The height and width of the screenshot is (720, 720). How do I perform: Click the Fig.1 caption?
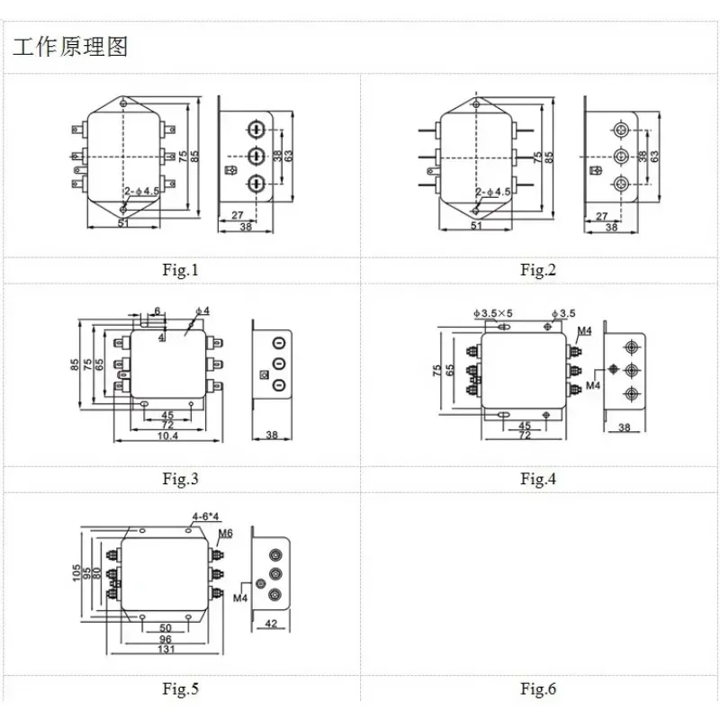pyautogui.click(x=180, y=270)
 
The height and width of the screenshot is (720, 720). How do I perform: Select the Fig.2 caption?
pyautogui.click(x=538, y=270)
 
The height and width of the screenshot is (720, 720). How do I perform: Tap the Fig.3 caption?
pyautogui.click(x=180, y=479)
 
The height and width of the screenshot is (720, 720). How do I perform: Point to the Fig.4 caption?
pyautogui.click(x=538, y=479)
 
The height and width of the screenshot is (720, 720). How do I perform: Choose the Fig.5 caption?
pyautogui.click(x=180, y=689)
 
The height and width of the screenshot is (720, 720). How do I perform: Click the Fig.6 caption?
pyautogui.click(x=538, y=689)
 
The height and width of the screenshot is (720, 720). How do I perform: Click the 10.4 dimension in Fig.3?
pyautogui.click(x=167, y=436)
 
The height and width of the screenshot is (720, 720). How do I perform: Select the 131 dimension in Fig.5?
pyautogui.click(x=166, y=649)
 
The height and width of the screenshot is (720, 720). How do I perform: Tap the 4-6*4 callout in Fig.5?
pyautogui.click(x=205, y=517)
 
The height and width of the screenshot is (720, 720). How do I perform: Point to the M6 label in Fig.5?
pyautogui.click(x=226, y=534)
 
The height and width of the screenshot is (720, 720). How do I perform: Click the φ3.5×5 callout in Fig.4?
pyautogui.click(x=490, y=313)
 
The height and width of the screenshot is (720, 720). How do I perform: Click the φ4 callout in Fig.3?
pyautogui.click(x=203, y=311)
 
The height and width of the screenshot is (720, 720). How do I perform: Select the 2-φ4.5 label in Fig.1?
pyautogui.click(x=141, y=192)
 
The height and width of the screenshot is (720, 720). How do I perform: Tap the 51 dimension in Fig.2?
pyautogui.click(x=476, y=224)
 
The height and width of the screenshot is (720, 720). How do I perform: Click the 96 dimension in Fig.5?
pyautogui.click(x=166, y=638)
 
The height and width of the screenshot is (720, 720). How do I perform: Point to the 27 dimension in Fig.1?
pyautogui.click(x=238, y=216)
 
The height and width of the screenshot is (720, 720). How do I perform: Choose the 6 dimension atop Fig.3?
pyautogui.click(x=157, y=311)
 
